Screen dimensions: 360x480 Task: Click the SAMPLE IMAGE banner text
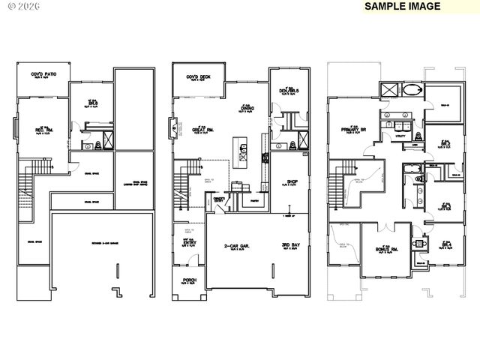pyautogui.click(x=403, y=6)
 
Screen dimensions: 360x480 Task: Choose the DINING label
pyautogui.click(x=246, y=108)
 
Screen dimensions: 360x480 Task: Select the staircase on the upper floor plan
pyautogui.click(x=343, y=184)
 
